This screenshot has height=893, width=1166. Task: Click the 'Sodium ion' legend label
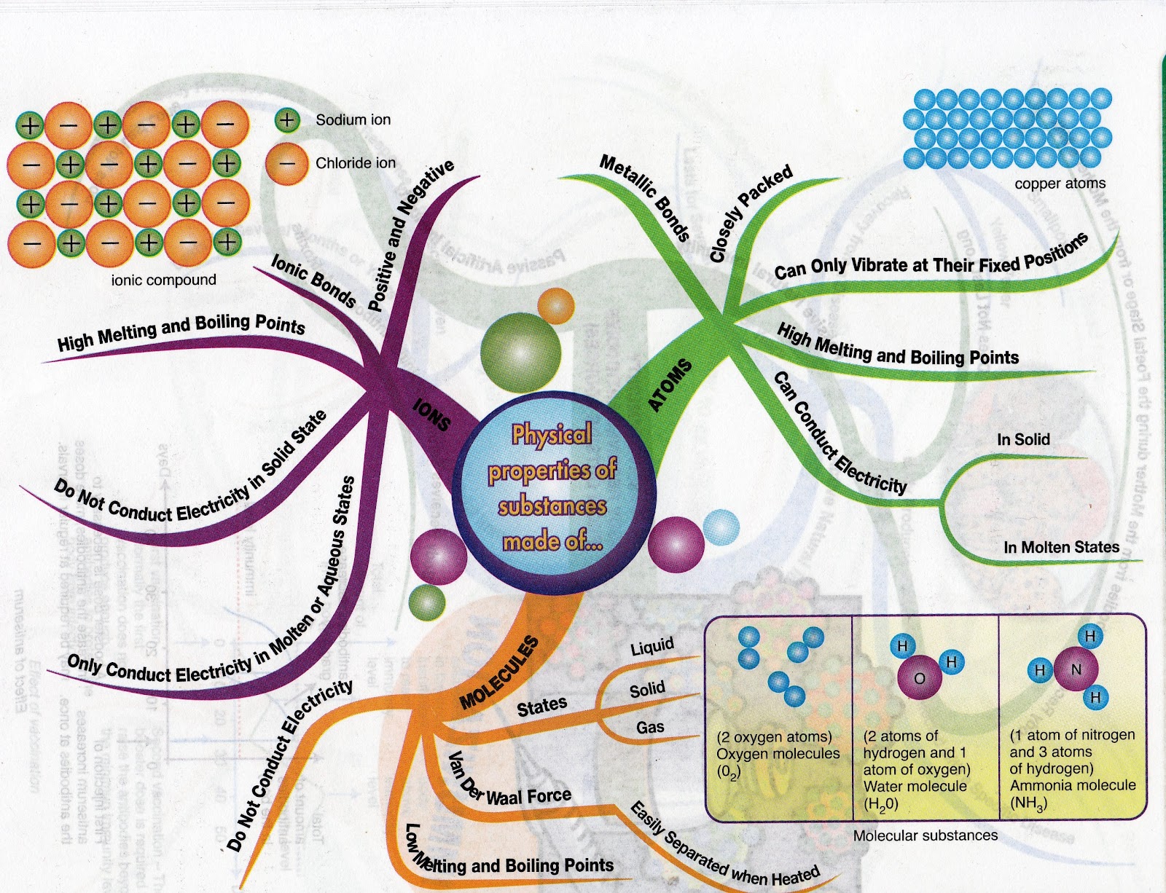click(353, 120)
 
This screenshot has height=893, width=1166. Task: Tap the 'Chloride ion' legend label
click(355, 163)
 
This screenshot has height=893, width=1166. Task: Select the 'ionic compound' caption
click(163, 280)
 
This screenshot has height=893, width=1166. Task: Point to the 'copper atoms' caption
click(1060, 184)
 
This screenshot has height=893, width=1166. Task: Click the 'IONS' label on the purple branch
click(431, 414)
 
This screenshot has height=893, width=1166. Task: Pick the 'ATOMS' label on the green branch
click(670, 385)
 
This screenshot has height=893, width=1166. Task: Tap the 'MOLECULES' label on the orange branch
click(501, 672)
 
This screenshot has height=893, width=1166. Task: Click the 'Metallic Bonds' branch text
click(645, 197)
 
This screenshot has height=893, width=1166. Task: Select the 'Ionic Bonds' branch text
click(314, 280)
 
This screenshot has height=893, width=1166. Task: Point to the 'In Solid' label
click(1023, 439)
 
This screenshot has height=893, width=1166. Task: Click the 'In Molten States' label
click(1061, 547)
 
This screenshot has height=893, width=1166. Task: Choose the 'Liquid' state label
click(652, 646)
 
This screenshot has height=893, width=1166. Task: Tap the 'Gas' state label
click(650, 727)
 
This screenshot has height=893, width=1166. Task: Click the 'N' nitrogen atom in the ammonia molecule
click(1076, 669)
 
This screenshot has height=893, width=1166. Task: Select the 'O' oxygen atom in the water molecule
click(919, 678)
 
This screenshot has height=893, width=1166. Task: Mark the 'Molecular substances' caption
click(926, 835)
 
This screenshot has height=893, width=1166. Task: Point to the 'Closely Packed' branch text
click(751, 213)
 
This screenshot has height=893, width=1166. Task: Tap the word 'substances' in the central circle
click(552, 506)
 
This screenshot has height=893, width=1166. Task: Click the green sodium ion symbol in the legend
click(287, 120)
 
